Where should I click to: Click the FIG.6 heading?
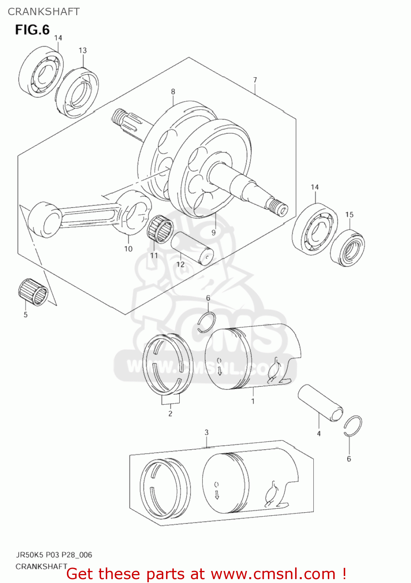[x=32, y=30]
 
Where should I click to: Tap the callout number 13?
[x=82, y=51]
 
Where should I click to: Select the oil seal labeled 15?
[x=347, y=248]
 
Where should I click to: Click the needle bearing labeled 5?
[x=33, y=291]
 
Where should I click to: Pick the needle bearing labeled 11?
[x=160, y=228]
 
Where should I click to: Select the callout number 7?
[x=255, y=80]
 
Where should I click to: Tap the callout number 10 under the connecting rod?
[x=128, y=249]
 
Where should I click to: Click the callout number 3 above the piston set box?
[x=206, y=433]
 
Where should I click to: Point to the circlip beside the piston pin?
[x=353, y=426]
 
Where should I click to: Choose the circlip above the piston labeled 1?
[x=206, y=323]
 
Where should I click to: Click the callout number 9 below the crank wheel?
[x=213, y=232]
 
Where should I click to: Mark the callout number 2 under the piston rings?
[x=170, y=414]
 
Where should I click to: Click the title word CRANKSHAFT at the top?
[x=44, y=12]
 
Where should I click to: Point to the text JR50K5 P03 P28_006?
[x=54, y=555]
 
